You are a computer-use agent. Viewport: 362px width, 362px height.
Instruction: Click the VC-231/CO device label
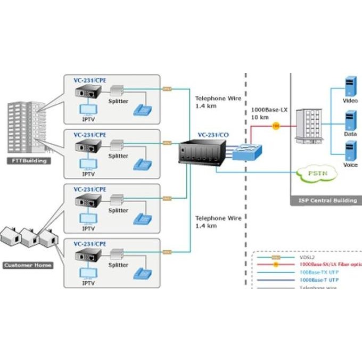tap(214, 135)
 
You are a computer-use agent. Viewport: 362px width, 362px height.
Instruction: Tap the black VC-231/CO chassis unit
tap(202, 154)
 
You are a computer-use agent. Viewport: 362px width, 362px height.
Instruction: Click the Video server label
tap(350, 100)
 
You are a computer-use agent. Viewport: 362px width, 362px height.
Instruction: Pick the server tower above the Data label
tap(350, 120)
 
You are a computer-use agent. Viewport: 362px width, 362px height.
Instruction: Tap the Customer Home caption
tap(28, 265)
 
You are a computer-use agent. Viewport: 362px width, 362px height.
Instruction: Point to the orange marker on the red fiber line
tap(276, 126)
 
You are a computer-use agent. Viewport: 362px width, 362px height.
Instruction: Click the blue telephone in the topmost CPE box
tap(143, 109)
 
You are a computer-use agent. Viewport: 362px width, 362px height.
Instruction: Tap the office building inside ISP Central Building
tap(309, 126)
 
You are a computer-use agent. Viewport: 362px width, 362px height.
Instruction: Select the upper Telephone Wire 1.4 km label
tap(218, 102)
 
